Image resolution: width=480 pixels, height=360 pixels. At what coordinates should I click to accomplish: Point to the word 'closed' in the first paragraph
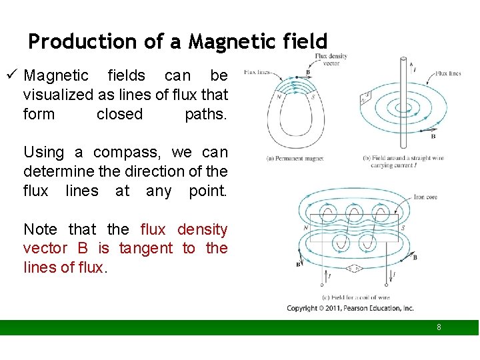coord(119,114)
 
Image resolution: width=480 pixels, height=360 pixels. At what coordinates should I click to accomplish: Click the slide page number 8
coord(439,327)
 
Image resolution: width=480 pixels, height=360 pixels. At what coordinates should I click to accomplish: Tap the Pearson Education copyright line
coord(350,308)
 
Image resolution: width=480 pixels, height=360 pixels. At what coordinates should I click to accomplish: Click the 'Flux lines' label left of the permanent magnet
coord(257,71)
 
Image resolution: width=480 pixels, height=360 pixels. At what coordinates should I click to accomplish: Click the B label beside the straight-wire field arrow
coord(433,136)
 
